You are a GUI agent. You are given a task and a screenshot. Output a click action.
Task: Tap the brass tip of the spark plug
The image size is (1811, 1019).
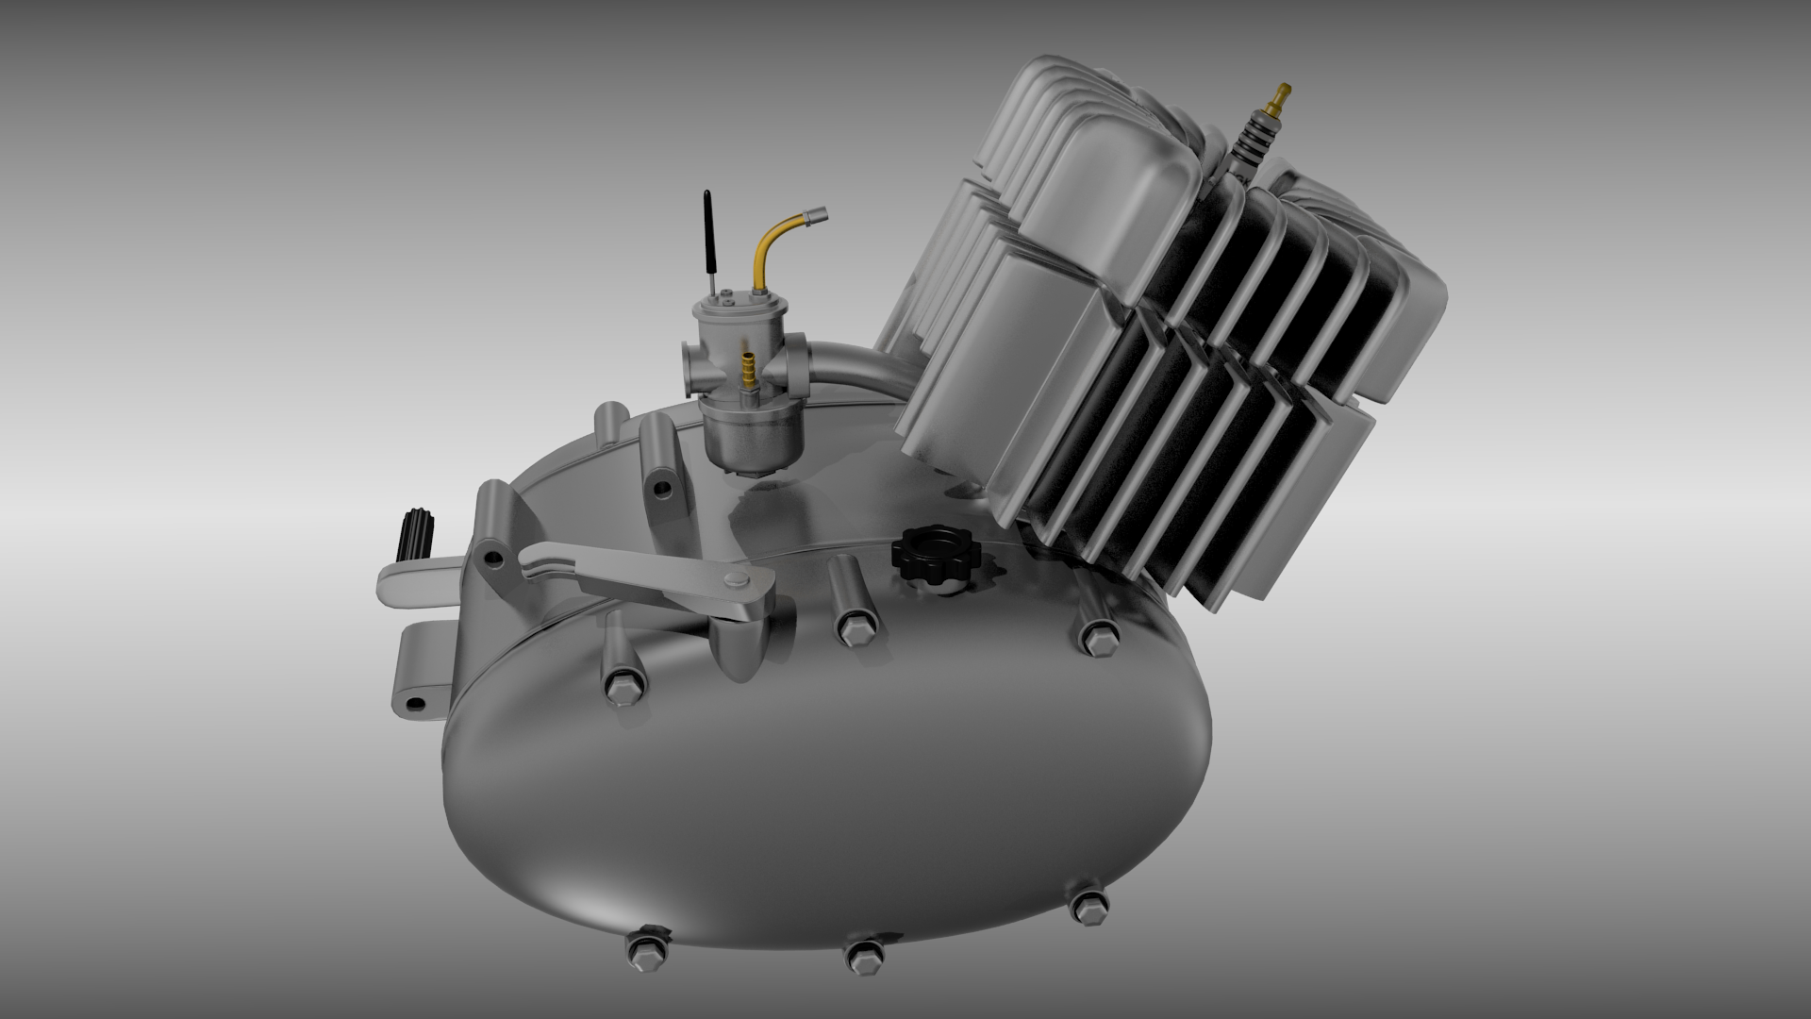[x=1278, y=94]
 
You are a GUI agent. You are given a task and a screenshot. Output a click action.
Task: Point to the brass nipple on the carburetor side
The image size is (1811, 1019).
[x=749, y=367]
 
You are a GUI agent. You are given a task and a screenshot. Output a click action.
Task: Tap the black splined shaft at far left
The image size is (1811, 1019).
[x=415, y=533]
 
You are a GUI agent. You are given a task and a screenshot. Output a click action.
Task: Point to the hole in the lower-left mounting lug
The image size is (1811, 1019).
[x=414, y=703]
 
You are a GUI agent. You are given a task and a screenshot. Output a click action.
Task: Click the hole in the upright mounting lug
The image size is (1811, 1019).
[x=665, y=487]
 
